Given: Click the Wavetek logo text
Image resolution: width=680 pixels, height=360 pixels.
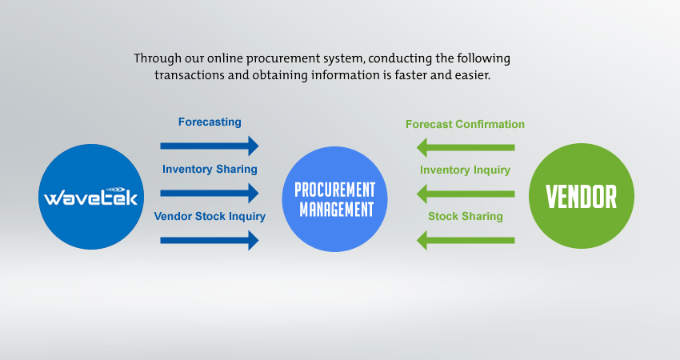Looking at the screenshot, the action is coord(90,198).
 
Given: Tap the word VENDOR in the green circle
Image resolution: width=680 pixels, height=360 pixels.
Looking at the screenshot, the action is coord(581,197).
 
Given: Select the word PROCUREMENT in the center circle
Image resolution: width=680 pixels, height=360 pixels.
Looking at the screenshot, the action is coord(334,190).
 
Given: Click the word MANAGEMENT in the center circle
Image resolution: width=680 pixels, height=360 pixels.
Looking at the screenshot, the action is coord(336,210).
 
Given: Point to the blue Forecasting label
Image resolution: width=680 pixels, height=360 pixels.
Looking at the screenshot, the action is coord(210,122).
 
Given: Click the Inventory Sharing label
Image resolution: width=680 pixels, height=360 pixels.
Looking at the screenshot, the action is coord(210,169).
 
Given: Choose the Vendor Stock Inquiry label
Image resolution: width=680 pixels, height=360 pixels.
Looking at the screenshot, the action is coord(210,216).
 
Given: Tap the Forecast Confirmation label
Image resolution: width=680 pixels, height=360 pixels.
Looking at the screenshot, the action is coord(465,125).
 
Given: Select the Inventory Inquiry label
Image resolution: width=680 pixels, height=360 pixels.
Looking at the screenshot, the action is coord(465,170).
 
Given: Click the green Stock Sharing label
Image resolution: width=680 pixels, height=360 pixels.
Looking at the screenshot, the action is coord(466,216).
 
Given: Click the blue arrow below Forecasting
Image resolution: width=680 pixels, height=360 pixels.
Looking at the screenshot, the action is coord(210,146).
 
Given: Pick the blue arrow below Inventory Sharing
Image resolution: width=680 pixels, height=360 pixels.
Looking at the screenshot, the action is coord(210,193).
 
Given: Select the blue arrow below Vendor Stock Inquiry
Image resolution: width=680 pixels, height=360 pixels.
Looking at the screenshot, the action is coord(210,240).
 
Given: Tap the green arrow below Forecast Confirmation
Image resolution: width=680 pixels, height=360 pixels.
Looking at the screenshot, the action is coord(466,147).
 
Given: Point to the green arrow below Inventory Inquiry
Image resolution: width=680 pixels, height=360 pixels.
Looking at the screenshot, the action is coord(466,194).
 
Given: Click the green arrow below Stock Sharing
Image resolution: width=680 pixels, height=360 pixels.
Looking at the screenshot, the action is coord(466,240).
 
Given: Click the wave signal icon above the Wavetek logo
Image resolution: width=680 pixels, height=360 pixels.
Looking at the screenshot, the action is coord(115,190).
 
